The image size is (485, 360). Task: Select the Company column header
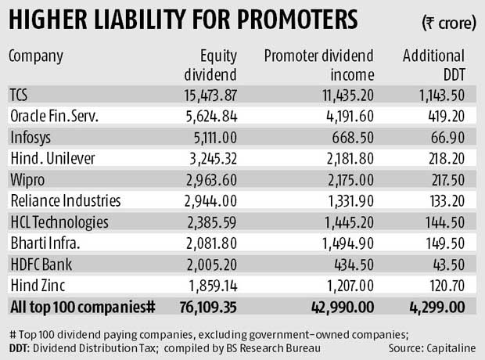[x=37, y=56]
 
